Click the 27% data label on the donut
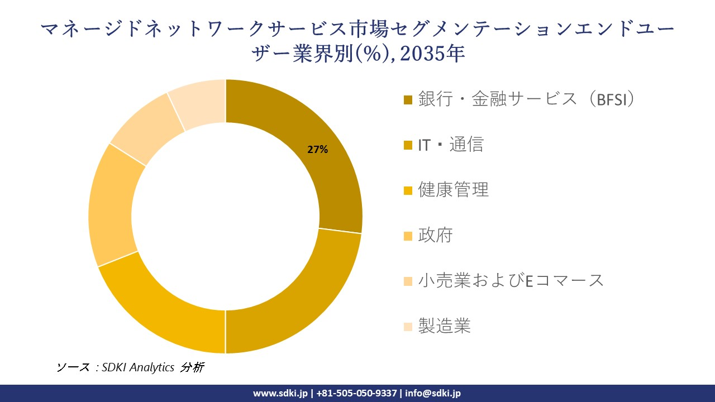coord(317,150)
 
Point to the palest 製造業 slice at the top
coord(198,103)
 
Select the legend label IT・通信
coord(450,145)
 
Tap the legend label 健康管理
coord(453,190)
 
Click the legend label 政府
coord(435,235)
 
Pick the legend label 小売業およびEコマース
coord(511,280)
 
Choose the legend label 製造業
coord(444,326)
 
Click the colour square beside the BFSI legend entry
coord(408,100)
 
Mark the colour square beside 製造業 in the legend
coord(408,326)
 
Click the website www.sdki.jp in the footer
coord(280,393)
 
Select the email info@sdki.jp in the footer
coord(433,393)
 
